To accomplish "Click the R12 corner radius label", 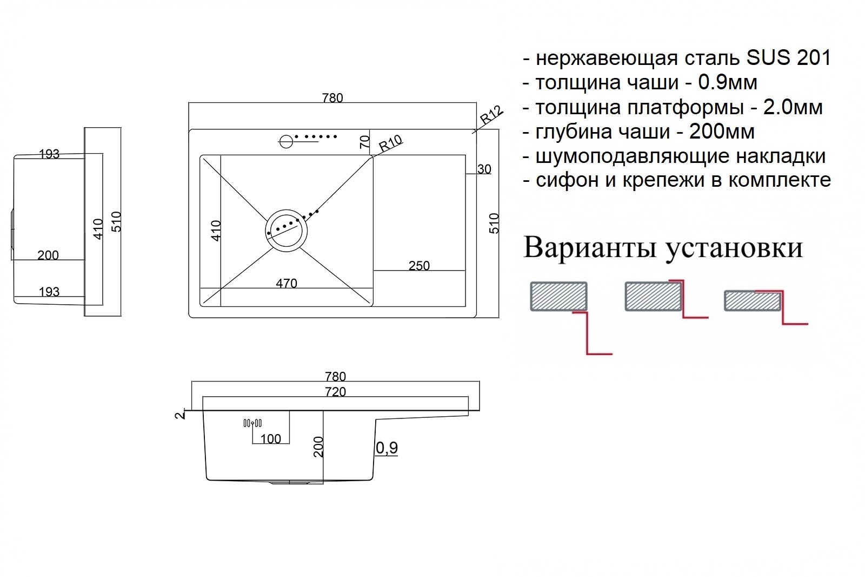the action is click(x=491, y=115).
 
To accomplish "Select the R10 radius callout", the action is click(x=390, y=143).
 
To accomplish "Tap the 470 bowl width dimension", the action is click(x=287, y=284).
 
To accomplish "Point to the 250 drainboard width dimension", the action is click(x=419, y=266).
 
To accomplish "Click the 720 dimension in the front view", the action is click(x=335, y=392).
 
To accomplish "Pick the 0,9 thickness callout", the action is click(x=387, y=448).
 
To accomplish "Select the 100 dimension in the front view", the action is click(x=270, y=439).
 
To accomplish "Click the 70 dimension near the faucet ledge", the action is click(x=364, y=142).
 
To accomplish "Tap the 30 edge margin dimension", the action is click(x=484, y=169).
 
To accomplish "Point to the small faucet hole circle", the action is click(x=286, y=141).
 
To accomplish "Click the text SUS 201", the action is click(x=789, y=58).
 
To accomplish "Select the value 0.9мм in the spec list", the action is click(x=728, y=82).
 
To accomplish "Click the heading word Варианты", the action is click(x=590, y=247).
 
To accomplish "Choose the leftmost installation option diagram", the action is click(x=571, y=318).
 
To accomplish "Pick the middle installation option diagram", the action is click(x=667, y=299).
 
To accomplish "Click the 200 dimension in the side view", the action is click(x=48, y=255).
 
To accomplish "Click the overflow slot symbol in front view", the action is click(x=252, y=423).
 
